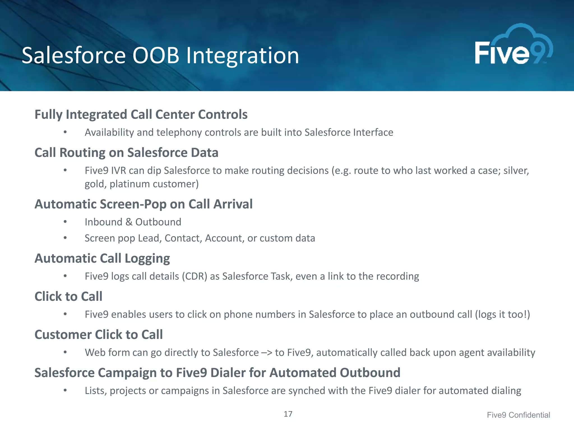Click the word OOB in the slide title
click(156, 55)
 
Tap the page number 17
click(288, 414)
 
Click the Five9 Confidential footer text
click(518, 415)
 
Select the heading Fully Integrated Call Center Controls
click(141, 114)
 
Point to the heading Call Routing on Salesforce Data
click(126, 153)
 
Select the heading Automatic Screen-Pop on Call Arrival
click(143, 204)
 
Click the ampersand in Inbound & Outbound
click(129, 222)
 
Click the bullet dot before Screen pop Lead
click(65, 238)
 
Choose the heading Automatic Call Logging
click(102, 258)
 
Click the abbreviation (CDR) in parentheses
click(194, 276)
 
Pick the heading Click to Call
click(68, 297)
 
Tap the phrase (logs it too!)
click(502, 315)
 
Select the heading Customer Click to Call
click(98, 335)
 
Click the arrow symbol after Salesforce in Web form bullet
click(267, 353)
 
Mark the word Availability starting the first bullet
click(109, 132)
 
